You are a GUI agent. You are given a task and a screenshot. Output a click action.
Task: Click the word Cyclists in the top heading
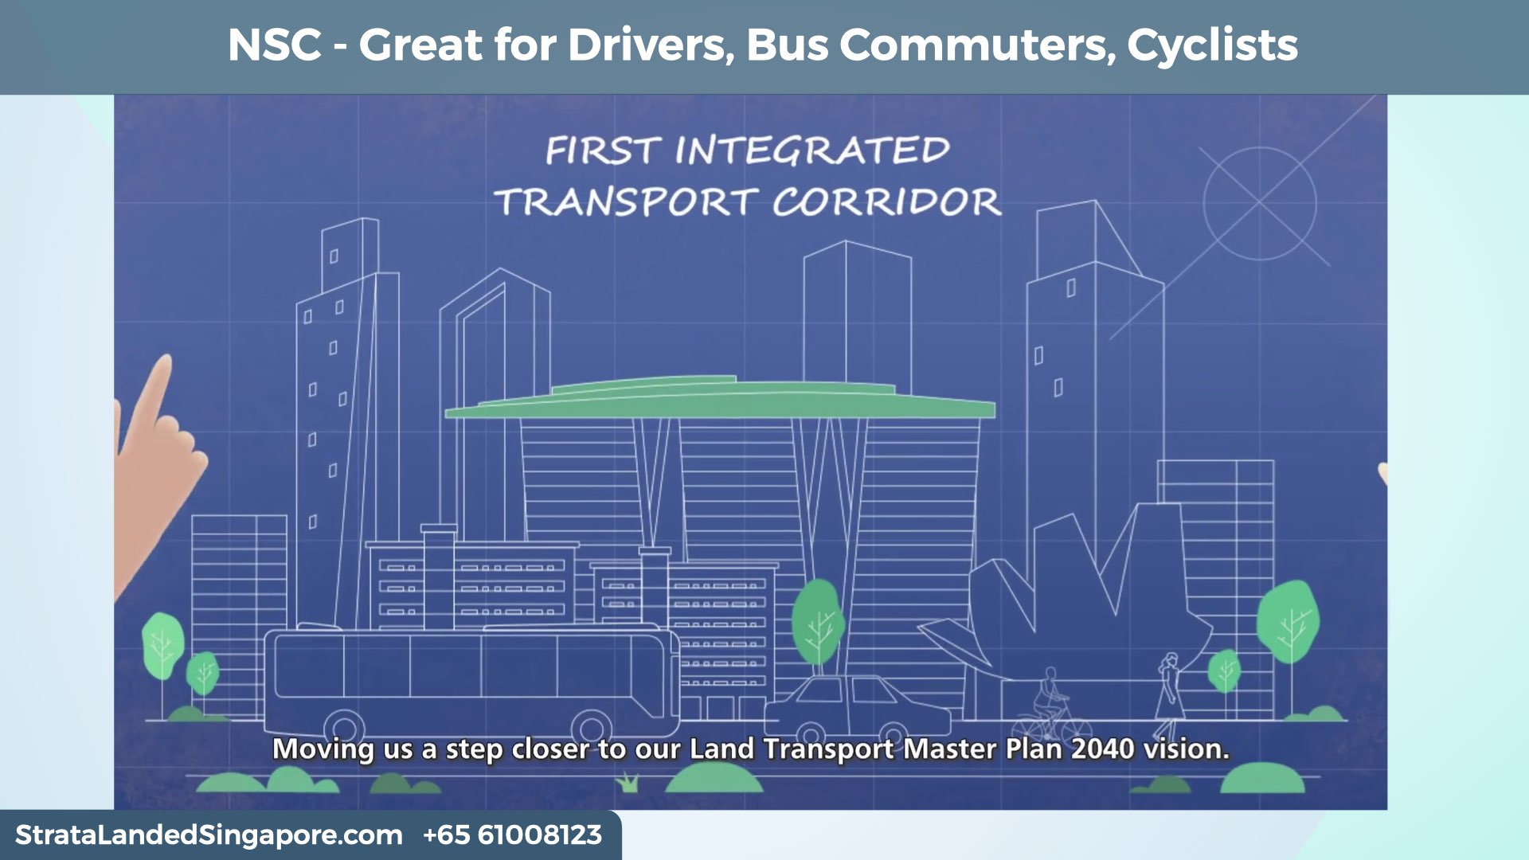(x=1212, y=45)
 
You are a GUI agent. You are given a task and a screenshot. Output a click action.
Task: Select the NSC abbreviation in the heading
(x=275, y=45)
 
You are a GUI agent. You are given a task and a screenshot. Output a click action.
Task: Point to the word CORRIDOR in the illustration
(x=886, y=202)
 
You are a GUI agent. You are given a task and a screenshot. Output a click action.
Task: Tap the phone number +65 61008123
(x=512, y=835)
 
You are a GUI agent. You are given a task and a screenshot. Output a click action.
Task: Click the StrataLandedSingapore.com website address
(x=209, y=835)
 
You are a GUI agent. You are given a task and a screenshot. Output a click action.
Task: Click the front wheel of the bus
(x=592, y=726)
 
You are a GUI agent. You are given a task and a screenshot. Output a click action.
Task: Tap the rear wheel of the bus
(x=344, y=726)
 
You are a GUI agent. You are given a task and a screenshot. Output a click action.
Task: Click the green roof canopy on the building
(x=721, y=402)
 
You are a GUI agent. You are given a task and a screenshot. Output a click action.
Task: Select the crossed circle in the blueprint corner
(x=1259, y=203)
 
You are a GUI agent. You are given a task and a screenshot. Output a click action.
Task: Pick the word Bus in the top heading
(x=787, y=45)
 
